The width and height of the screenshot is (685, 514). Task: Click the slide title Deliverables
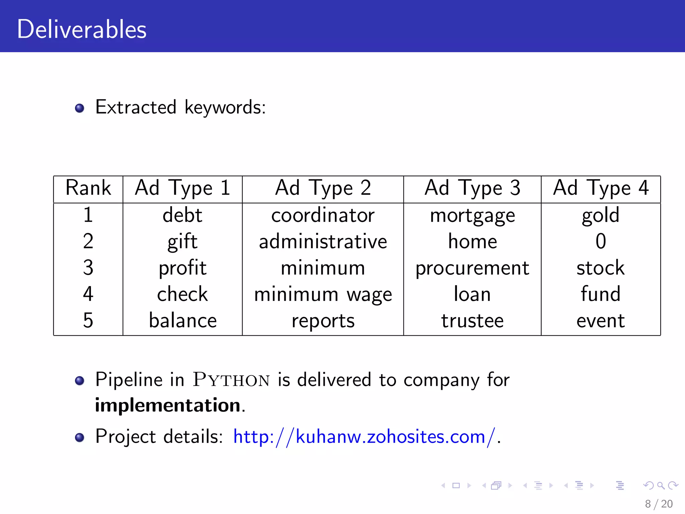click(x=82, y=29)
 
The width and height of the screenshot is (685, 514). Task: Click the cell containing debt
click(x=182, y=215)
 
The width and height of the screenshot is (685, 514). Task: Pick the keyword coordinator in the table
click(x=323, y=215)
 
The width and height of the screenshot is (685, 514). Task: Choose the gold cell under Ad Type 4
click(x=600, y=215)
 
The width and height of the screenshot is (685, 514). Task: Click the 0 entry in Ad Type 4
click(x=601, y=241)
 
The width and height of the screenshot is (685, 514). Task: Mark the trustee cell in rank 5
click(x=472, y=321)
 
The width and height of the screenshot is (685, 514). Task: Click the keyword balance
click(x=183, y=321)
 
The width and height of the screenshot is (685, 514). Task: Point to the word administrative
click(x=323, y=242)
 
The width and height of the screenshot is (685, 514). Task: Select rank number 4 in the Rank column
click(x=88, y=294)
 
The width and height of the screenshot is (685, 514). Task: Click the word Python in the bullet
click(x=231, y=380)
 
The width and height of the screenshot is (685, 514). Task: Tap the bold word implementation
click(x=168, y=405)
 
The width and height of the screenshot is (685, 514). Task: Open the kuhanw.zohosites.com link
click(x=364, y=437)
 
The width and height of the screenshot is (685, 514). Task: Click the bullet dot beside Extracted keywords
click(x=80, y=108)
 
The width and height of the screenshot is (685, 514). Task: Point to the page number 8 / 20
click(x=659, y=504)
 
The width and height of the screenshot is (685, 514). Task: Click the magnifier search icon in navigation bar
click(x=661, y=486)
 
